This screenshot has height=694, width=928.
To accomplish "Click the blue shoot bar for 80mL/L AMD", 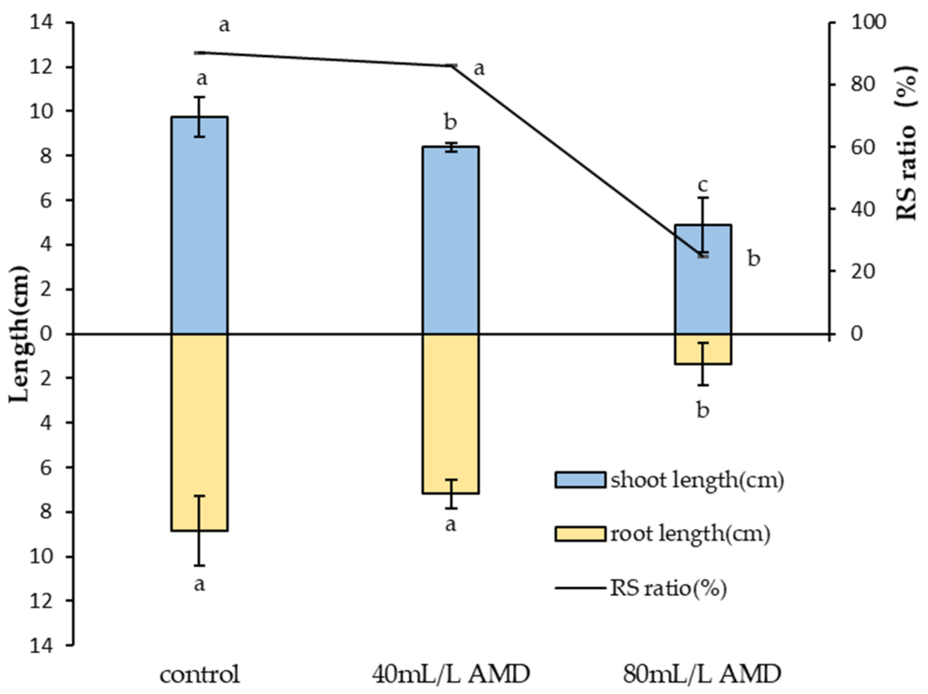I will coord(703,294).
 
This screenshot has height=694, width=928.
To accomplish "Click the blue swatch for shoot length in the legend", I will coord(580,480).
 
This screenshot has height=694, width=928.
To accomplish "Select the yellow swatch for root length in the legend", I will coord(580,534).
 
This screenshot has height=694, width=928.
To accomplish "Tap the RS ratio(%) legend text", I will coord(668,588).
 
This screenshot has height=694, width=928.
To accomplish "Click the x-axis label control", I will coord(200,674).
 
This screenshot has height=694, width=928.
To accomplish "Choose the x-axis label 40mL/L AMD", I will coord(451,674).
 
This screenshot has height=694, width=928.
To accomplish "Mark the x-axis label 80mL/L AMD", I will coord(702,674).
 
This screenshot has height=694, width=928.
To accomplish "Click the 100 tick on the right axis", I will coord(867,23).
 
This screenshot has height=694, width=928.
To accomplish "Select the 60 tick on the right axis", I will coord(863,147).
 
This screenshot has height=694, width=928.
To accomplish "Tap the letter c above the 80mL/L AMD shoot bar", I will coord(703,184).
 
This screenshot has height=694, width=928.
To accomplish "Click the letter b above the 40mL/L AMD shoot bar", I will coord(450,123).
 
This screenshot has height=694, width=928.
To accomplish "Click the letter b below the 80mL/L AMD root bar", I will coord(703,410).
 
